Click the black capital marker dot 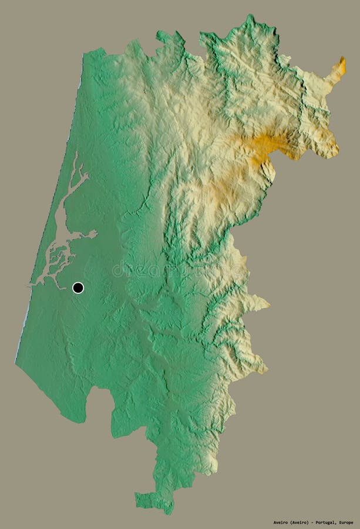(78, 287)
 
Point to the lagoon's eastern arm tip (95, 233)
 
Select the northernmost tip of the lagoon (75, 154)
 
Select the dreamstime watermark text (176, 269)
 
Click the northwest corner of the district (86, 54)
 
